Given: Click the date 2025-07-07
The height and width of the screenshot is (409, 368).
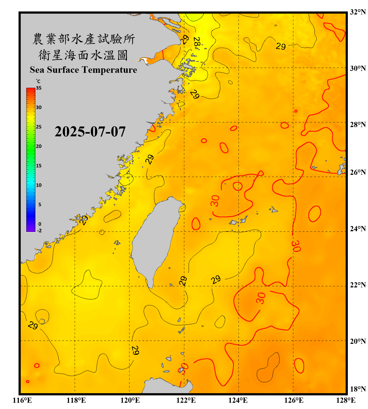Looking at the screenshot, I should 90,132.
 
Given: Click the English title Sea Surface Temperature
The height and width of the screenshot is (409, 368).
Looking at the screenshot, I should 83,70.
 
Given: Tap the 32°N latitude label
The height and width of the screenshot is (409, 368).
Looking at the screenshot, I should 358,12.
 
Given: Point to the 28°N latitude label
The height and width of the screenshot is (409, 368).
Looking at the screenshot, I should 358,125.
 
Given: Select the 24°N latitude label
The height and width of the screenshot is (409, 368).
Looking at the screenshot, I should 358,228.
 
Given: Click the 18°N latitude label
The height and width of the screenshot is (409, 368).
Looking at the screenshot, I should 358,389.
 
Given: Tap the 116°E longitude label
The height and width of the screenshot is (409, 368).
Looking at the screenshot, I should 22,400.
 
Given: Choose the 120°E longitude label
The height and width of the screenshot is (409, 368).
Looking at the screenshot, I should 130,400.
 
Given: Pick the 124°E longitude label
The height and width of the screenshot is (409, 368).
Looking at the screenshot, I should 238,400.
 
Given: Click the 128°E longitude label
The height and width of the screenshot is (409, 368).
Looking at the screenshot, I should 346,400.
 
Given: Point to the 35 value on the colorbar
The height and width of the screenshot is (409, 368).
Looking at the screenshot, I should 39,88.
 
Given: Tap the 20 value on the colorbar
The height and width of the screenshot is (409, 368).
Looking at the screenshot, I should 39,146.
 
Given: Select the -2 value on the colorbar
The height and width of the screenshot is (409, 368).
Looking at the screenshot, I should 39,231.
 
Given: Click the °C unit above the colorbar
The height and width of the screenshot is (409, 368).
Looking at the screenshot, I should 38,81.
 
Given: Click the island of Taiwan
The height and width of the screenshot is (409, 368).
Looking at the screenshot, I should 155,240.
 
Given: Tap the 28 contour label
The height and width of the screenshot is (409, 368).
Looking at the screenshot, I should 197,43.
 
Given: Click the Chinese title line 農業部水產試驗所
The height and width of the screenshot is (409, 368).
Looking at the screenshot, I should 83,39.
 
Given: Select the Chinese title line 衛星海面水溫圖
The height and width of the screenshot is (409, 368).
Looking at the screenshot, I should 83,55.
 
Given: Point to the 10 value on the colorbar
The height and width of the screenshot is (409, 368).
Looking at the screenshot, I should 39,185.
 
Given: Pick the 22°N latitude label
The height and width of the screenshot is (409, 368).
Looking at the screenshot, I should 358,285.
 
